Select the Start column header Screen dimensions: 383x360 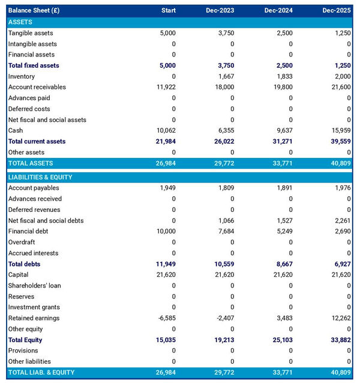click(x=169, y=11)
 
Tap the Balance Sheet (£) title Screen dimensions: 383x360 click(x=34, y=11)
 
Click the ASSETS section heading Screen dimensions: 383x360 click(x=20, y=22)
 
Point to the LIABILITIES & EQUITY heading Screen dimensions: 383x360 click(x=40, y=177)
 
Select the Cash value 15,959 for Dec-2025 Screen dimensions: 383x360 click(x=340, y=130)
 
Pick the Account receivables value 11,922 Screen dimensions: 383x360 click(x=165, y=87)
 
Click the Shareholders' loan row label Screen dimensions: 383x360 click(x=34, y=286)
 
